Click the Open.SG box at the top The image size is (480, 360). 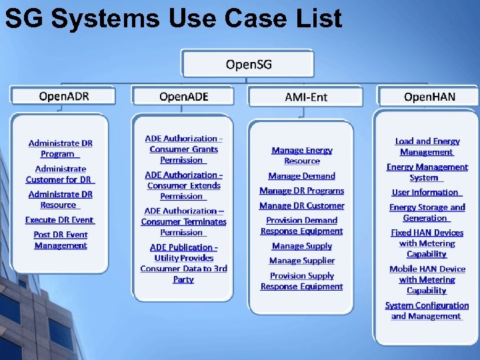(x=249, y=65)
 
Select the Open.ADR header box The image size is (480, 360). (x=63, y=97)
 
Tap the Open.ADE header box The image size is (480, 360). (x=183, y=97)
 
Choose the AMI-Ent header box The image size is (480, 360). (x=306, y=97)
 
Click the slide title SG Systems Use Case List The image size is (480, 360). (x=173, y=19)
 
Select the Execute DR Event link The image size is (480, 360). (x=60, y=220)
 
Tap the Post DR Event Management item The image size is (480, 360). (x=61, y=240)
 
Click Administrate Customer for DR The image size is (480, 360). (x=60, y=174)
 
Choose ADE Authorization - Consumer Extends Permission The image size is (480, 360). (x=183, y=185)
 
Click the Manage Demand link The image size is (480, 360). (x=302, y=176)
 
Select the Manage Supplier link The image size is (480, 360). (x=302, y=261)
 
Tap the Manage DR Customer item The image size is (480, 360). (x=302, y=206)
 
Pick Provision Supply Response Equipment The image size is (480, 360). (x=302, y=281)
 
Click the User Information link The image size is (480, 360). (x=427, y=193)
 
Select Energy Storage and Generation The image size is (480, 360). (x=427, y=213)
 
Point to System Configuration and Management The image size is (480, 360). (x=427, y=311)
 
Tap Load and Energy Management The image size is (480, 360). (x=427, y=147)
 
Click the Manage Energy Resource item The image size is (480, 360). (x=302, y=155)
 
